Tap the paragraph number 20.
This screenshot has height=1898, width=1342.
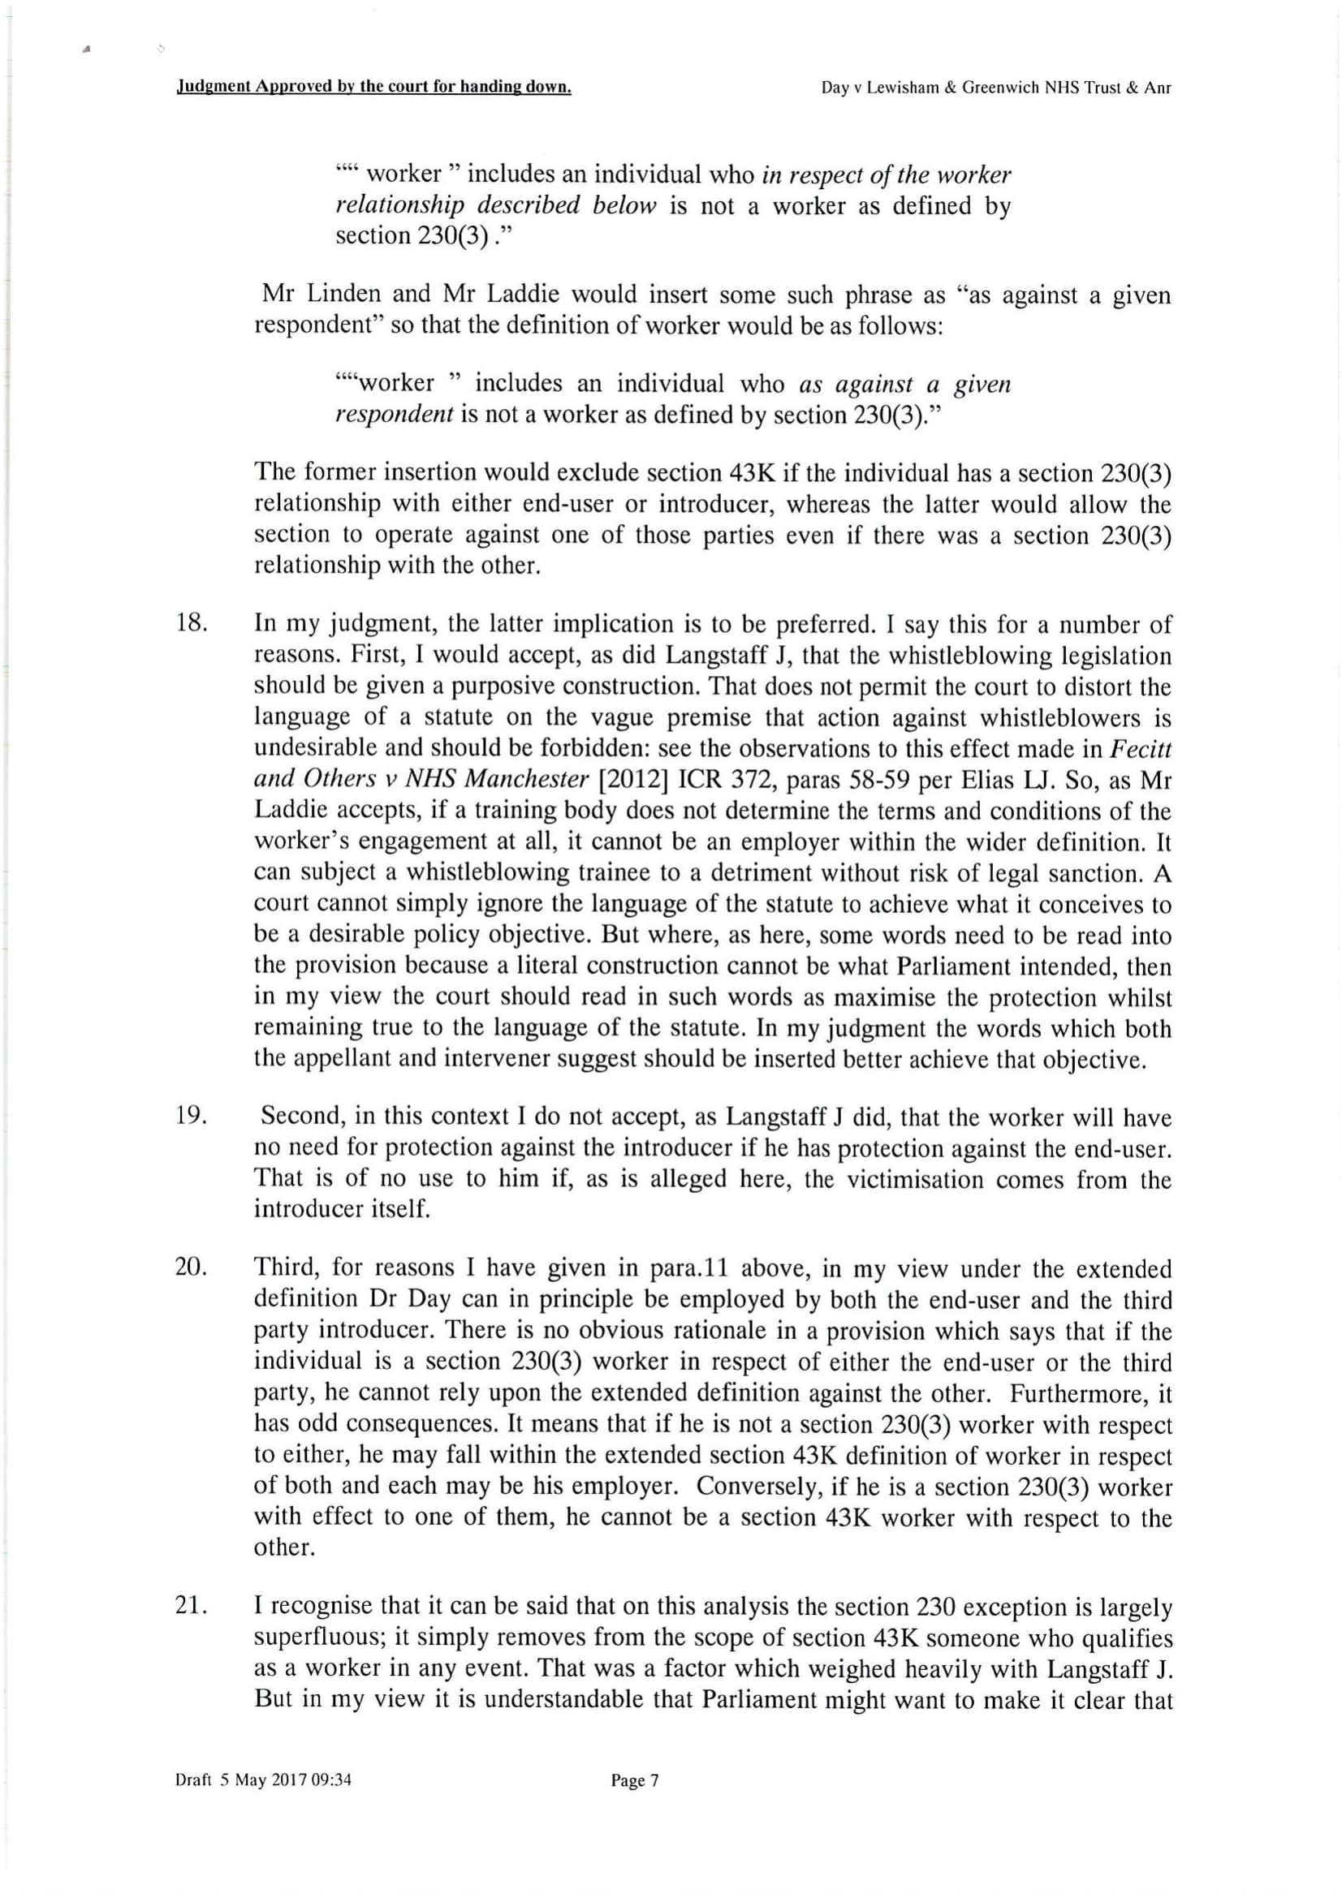coord(191,1267)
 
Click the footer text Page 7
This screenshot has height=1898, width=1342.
coord(634,1780)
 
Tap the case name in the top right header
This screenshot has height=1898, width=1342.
coord(995,88)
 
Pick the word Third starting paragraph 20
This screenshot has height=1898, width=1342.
coord(284,1267)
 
